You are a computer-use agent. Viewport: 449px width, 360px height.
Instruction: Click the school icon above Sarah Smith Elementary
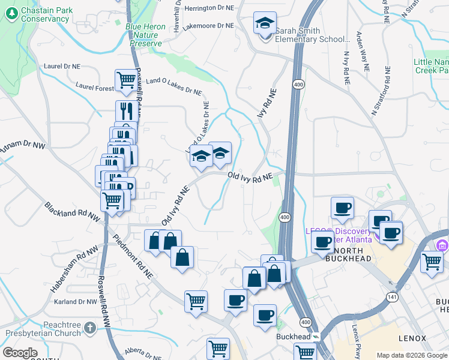(x=265, y=24)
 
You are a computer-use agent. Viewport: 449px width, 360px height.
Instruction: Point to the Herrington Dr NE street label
(x=209, y=9)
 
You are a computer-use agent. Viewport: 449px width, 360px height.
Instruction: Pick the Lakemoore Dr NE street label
(x=208, y=26)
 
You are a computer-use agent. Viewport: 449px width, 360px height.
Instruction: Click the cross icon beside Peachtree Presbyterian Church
(x=90, y=328)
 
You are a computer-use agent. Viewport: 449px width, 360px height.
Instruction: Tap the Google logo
(x=20, y=353)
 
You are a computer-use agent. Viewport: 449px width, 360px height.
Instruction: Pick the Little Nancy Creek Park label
(x=431, y=66)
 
